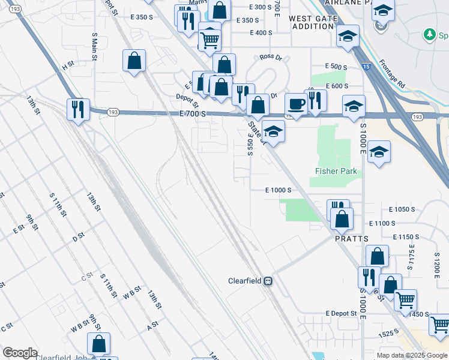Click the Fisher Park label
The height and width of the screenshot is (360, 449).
(x=336, y=172)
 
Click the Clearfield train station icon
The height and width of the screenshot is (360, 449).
(x=269, y=280)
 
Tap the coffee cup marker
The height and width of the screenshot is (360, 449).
(x=295, y=104)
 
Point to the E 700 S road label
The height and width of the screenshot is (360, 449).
(x=193, y=113)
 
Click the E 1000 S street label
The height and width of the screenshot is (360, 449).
(x=279, y=190)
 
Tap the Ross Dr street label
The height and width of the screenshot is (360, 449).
(x=271, y=57)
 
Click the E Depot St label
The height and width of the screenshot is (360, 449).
(x=341, y=313)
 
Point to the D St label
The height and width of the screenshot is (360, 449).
(x=78, y=238)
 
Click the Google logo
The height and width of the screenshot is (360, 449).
(x=20, y=353)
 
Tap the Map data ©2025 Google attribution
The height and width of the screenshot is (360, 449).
(x=412, y=355)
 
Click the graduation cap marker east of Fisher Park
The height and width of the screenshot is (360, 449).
(x=379, y=152)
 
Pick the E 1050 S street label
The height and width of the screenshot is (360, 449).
(x=402, y=209)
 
